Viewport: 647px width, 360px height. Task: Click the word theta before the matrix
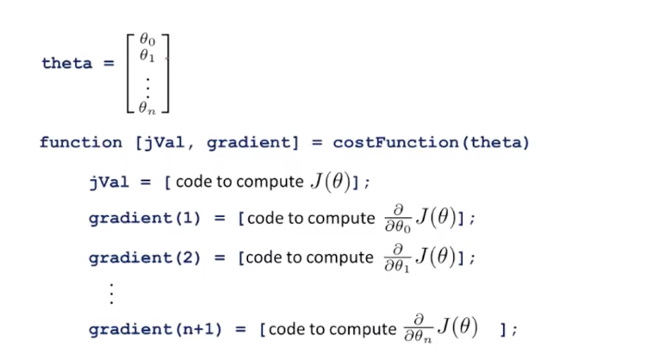[x=66, y=64]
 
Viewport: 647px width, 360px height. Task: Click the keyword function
[x=81, y=142]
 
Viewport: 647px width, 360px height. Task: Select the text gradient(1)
[x=144, y=219]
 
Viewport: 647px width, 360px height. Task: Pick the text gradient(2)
[x=144, y=258]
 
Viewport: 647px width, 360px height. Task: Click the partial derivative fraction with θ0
[x=399, y=219]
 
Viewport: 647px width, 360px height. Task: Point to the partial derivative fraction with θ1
[x=399, y=258]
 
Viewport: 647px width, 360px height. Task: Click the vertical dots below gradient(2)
[x=111, y=293]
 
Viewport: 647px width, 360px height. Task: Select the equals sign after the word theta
[x=109, y=64]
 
